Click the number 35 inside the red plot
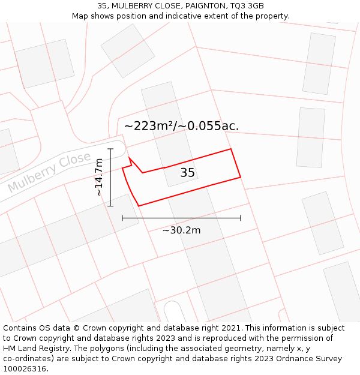(188, 173)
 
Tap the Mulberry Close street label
(49, 172)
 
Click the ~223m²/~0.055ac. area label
(181, 126)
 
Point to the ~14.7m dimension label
(99, 177)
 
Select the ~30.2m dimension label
(181, 230)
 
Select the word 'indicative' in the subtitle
(195, 16)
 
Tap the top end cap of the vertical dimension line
(110, 148)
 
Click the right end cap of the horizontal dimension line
(241, 218)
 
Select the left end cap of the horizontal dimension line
(122, 218)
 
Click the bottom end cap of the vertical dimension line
(110, 206)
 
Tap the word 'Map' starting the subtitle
(80, 16)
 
